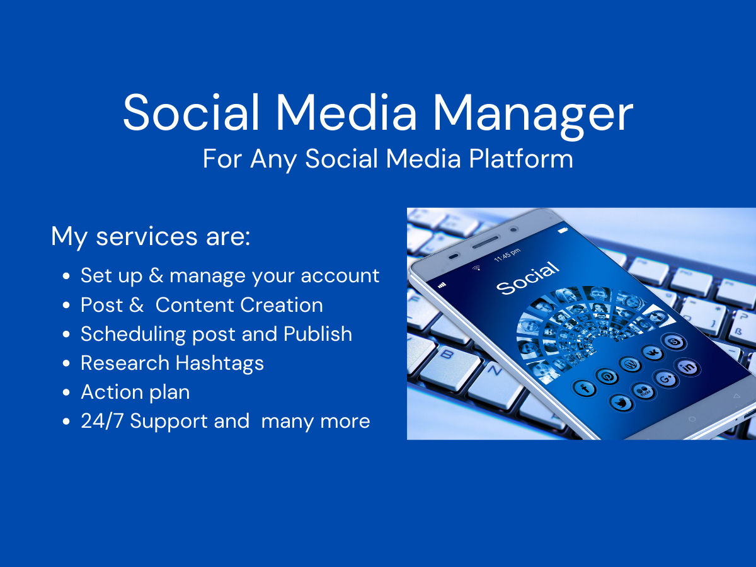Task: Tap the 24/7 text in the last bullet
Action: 102,421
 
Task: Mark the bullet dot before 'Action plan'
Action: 67,393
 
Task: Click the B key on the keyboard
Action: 449,357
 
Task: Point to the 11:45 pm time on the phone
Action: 508,255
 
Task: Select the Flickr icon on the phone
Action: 644,391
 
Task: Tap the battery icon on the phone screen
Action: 563,231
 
